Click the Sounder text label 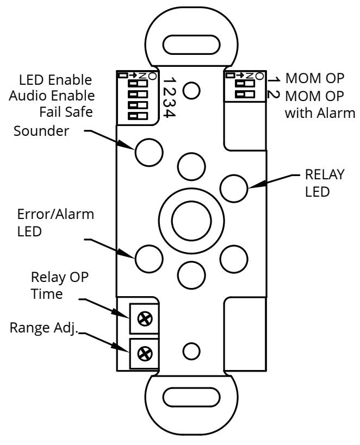tap(41, 131)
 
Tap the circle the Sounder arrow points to tap(149, 152)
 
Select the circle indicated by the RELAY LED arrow tap(234, 189)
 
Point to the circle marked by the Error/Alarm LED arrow tap(149, 259)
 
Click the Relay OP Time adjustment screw tap(145, 319)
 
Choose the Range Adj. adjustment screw tap(145, 354)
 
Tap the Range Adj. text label tap(44, 328)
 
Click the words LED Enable tap(55, 80)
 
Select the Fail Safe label tap(66, 112)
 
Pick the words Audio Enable tap(52, 96)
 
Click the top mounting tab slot tap(191, 45)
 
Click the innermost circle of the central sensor tap(191, 221)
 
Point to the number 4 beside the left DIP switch tap(170, 113)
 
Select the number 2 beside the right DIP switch tap(274, 95)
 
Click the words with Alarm tap(320, 113)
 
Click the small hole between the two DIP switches tap(191, 91)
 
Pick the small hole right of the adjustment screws tap(191, 352)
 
